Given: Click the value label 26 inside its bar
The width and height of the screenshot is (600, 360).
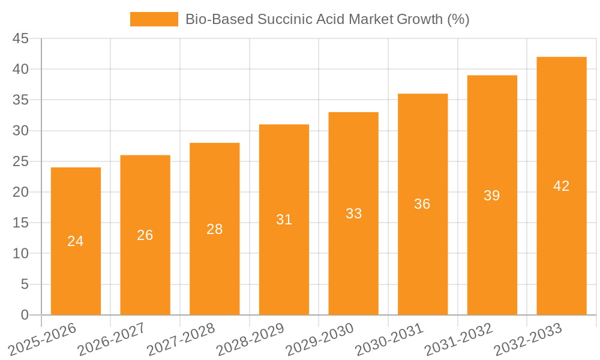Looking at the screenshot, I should [x=145, y=235].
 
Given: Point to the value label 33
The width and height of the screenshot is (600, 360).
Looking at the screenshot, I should [x=354, y=214].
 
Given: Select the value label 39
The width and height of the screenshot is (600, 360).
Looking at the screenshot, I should [x=492, y=196].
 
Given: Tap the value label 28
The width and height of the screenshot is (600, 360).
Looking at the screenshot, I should [x=215, y=229].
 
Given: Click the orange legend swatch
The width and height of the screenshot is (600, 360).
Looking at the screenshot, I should [x=154, y=19].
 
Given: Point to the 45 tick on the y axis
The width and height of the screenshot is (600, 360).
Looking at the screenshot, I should [x=20, y=38].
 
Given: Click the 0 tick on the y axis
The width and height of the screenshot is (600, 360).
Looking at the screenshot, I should [x=25, y=315].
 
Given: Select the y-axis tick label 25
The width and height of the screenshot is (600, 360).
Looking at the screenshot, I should [x=20, y=161].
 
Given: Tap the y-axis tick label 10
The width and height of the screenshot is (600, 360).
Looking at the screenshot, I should [x=20, y=254].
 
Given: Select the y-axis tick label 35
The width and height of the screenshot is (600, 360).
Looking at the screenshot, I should [x=20, y=100].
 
